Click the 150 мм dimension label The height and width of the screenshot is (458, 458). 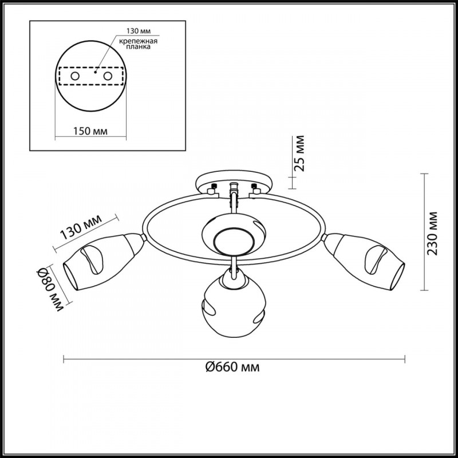(x=90, y=131)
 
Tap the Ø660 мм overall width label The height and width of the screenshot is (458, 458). (x=232, y=367)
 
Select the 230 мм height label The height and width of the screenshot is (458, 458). (x=432, y=234)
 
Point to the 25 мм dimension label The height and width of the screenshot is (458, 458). (x=299, y=153)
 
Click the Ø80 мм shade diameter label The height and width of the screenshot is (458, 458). (x=50, y=290)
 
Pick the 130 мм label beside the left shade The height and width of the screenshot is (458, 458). (x=81, y=227)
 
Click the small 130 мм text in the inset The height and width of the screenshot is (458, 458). (x=138, y=31)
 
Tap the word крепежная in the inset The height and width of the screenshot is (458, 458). (x=138, y=41)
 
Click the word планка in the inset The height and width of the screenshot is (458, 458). (x=138, y=47)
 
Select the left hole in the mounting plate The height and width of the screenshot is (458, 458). (x=75, y=76)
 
